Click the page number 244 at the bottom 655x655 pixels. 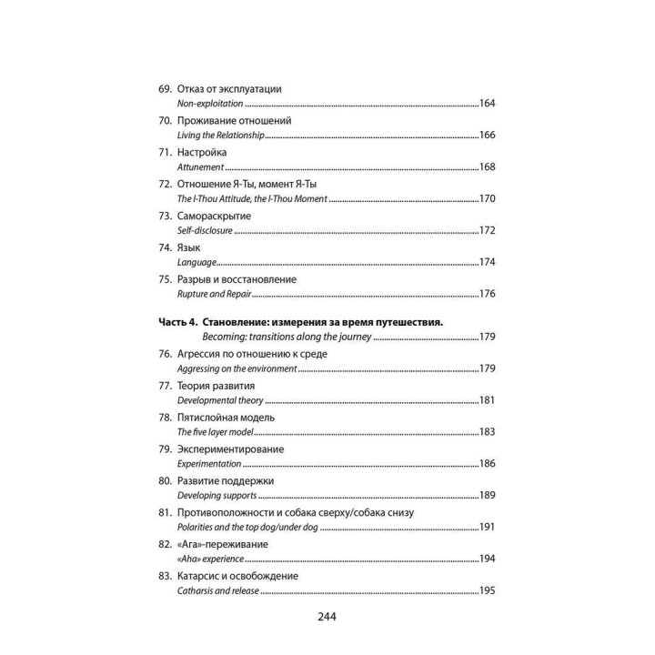[327, 617]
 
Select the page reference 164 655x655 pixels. [487, 104]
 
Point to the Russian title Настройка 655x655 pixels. [202, 152]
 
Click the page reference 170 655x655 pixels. [487, 198]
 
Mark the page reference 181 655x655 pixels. [487, 400]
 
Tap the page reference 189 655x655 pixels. [487, 496]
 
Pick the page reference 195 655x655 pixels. [487, 591]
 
